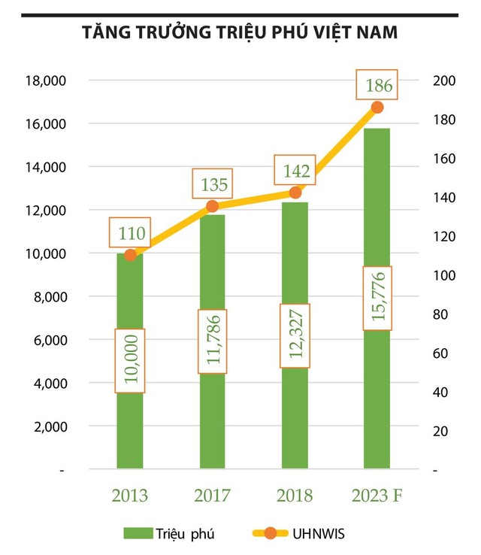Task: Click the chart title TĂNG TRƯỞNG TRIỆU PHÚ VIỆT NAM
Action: pyautogui.click(x=240, y=34)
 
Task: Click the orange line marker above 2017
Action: pyautogui.click(x=212, y=206)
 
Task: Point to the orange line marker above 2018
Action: pyautogui.click(x=295, y=193)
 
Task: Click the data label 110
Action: pyautogui.click(x=130, y=232)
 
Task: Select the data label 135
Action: pyautogui.click(x=212, y=183)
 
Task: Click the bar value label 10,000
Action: pyautogui.click(x=130, y=360)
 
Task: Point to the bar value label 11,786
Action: pyautogui.click(x=212, y=341)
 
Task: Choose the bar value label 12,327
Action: pyautogui.click(x=295, y=335)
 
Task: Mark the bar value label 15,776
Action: pyautogui.click(x=377, y=298)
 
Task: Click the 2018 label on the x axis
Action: pyautogui.click(x=295, y=495)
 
